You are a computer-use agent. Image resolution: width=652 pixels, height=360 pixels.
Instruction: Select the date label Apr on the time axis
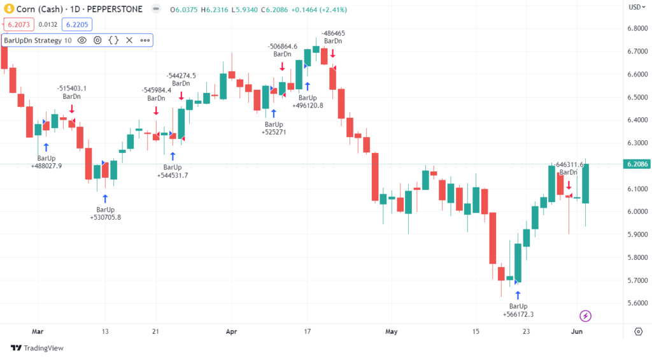click(231, 331)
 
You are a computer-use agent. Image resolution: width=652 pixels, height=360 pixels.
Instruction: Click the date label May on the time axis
click(391, 331)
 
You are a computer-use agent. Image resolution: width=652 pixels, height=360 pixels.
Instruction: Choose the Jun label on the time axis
click(576, 331)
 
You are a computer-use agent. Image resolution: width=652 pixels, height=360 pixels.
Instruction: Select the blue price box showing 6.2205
click(77, 25)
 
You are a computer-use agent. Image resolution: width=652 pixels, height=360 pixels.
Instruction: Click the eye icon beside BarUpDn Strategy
click(82, 40)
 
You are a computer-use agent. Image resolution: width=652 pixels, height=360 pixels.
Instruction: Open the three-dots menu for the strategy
click(145, 40)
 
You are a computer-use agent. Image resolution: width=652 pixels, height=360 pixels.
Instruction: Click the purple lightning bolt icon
click(586, 315)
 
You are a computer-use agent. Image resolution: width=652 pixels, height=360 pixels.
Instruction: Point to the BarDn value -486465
click(333, 33)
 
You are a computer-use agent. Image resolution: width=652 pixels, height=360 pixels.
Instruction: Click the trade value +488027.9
click(46, 166)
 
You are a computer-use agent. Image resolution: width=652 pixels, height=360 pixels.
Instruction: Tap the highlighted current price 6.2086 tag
click(637, 164)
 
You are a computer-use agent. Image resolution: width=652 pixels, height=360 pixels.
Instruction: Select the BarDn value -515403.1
click(71, 88)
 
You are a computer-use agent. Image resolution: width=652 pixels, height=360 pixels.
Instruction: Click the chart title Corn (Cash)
click(39, 8)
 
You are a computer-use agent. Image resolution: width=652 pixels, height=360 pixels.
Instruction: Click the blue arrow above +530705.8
click(105, 198)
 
